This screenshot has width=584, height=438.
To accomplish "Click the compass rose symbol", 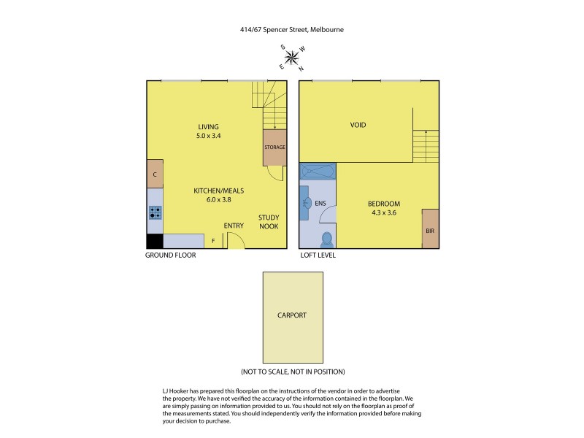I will click(292, 56).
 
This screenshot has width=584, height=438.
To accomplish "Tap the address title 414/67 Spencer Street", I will click(291, 30).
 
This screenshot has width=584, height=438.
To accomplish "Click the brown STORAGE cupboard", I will click(274, 147).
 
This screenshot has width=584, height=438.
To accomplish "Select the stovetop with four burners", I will click(155, 212).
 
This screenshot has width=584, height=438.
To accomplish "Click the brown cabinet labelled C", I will click(155, 174).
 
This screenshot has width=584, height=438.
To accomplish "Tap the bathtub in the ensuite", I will click(318, 172).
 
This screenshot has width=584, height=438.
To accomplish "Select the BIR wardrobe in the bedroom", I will click(430, 229).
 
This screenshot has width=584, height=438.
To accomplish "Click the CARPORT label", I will click(292, 316).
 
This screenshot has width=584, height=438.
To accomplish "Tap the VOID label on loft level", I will click(358, 125).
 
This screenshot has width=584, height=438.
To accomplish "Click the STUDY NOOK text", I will click(269, 222).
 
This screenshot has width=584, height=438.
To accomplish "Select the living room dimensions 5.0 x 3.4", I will click(208, 136).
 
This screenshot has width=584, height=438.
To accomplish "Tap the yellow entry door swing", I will click(236, 242).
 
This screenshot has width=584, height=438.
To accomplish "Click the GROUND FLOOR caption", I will click(172, 256).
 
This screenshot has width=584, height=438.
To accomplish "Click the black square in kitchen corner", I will click(155, 242).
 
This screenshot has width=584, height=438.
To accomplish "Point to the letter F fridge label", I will click(213, 240).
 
